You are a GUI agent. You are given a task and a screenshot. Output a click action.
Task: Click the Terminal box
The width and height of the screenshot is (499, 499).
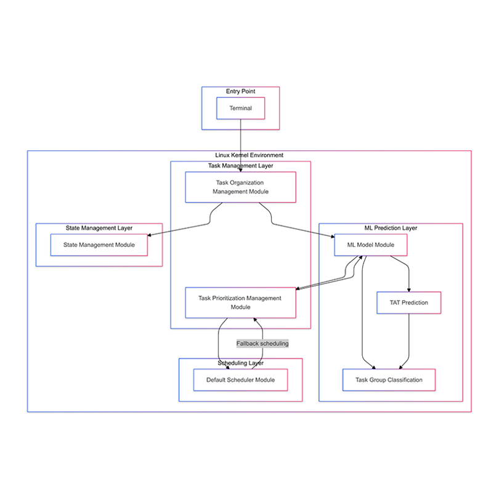tap(240, 108)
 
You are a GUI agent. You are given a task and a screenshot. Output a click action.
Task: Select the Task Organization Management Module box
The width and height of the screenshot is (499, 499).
tap(240, 187)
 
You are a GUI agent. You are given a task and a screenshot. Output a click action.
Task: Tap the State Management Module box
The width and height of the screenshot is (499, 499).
tap(99, 245)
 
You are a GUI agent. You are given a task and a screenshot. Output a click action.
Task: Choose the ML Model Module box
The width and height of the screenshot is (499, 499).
tap(370, 245)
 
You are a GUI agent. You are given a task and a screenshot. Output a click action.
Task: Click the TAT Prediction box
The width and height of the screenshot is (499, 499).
tap(408, 302)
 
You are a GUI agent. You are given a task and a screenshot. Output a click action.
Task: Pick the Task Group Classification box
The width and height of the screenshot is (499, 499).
tap(389, 379)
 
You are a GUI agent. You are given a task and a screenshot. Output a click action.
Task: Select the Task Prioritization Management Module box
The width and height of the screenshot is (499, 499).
tap(240, 302)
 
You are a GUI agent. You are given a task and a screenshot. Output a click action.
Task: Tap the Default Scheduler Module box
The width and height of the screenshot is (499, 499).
tap(240, 379)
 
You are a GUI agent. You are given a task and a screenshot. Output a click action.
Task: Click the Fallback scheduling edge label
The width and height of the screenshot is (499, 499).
tap(262, 343)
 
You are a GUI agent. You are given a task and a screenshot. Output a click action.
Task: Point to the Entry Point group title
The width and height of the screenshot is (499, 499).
tap(240, 91)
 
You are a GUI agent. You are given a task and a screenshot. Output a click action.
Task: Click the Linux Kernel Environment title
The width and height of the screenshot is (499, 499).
tap(249, 155)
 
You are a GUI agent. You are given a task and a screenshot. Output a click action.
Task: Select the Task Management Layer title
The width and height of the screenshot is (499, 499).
tap(240, 166)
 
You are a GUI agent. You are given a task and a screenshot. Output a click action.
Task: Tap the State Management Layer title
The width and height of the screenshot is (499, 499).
tap(99, 228)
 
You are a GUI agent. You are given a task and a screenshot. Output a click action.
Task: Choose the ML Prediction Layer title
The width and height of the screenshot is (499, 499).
tap(391, 228)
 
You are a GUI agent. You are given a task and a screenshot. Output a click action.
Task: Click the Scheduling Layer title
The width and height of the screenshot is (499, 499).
tap(240, 363)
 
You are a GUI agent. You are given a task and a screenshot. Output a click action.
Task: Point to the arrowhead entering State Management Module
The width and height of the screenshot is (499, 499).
tap(150, 234)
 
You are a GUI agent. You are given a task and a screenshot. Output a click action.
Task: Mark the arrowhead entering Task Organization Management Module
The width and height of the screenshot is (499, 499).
tap(240, 169)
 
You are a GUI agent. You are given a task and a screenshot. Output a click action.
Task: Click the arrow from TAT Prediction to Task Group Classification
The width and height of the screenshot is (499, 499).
tap(405, 342)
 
